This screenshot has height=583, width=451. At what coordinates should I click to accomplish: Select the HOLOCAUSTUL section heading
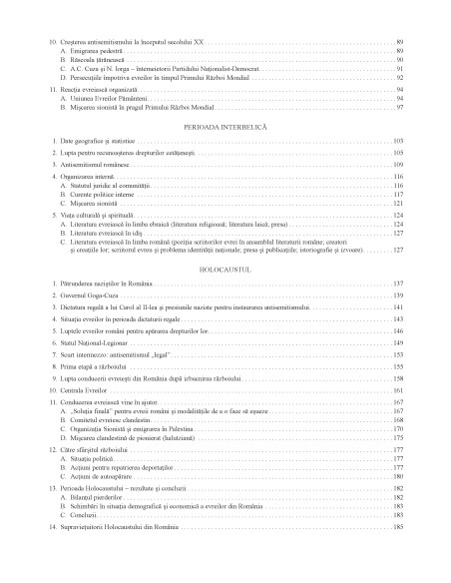(x=225, y=270)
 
